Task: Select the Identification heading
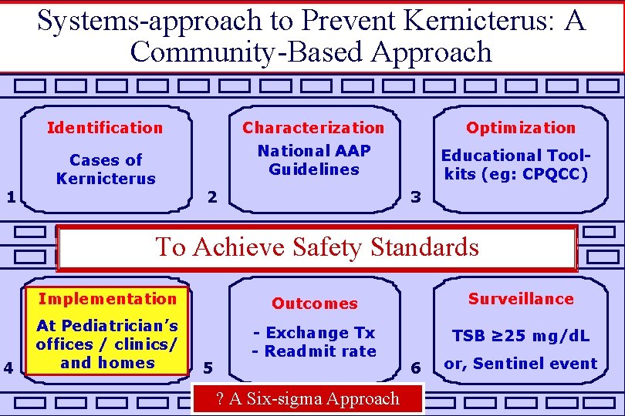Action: point(105,128)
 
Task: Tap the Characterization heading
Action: point(312,128)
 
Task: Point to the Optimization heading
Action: point(521,128)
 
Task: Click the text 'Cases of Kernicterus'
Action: point(106,169)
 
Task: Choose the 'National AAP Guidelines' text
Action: point(314,160)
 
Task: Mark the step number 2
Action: point(213,197)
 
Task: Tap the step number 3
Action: point(416,197)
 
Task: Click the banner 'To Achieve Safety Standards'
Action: point(316,247)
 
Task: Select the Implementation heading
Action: point(107,299)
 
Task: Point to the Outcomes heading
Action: point(314,304)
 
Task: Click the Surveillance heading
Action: point(521,299)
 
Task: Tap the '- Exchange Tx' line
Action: point(314,333)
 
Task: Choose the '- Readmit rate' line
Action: point(314,351)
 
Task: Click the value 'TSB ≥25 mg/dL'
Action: point(521,336)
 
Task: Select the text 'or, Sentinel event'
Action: point(521,364)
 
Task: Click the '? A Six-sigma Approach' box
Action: point(307,398)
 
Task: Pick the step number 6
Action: point(416,368)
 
